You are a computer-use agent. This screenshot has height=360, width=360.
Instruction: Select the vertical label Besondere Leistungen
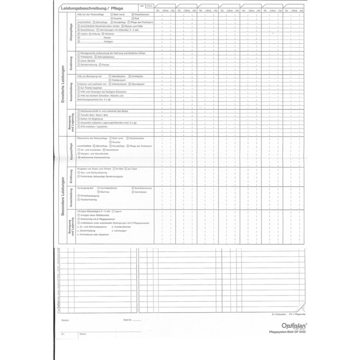coord(63,196)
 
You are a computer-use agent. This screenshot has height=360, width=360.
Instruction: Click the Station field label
coord(65,321)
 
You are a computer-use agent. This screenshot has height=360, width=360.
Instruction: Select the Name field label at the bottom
coord(83,334)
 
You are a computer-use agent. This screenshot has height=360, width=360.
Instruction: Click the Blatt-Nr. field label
coord(126,321)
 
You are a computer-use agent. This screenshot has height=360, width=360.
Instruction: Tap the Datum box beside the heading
coord(150,5)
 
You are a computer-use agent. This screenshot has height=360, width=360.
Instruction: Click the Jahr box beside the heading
coord(142,5)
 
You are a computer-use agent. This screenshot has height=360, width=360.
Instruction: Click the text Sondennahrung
coord(87,65)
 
